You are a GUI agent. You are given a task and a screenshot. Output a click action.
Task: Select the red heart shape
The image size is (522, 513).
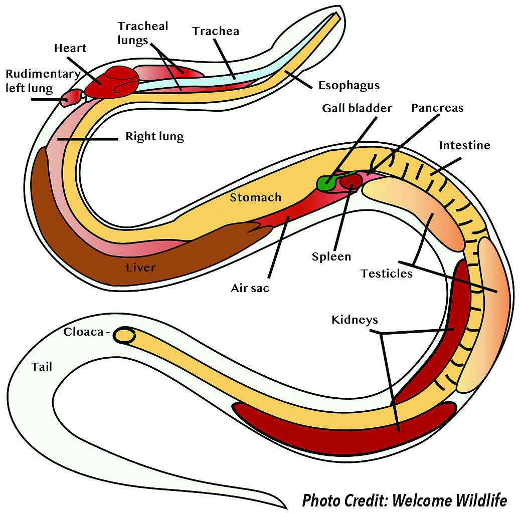(x=113, y=82)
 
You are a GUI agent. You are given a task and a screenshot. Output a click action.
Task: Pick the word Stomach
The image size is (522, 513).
(x=255, y=197)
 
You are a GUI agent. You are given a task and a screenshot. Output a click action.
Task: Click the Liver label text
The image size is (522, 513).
(x=140, y=268)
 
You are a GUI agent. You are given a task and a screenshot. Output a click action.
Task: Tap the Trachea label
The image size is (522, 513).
(x=216, y=32)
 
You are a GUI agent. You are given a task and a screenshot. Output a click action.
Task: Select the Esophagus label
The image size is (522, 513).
(x=349, y=85)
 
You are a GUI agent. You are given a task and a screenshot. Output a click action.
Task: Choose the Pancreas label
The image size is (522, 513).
(x=437, y=108)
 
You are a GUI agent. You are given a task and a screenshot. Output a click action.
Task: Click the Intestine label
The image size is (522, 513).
(x=465, y=146)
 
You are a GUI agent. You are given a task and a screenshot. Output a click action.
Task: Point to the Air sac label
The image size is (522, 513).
(x=250, y=288)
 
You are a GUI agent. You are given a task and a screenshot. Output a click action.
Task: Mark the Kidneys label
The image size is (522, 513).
(x=355, y=320)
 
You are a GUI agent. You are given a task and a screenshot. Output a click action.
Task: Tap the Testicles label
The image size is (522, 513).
(x=387, y=274)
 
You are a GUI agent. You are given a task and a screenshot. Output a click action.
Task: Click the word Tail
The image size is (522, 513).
(x=42, y=367)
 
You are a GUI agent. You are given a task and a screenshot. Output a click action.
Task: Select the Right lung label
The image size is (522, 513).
(x=154, y=136)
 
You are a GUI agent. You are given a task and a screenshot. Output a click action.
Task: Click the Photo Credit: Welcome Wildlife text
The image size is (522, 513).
(x=405, y=500)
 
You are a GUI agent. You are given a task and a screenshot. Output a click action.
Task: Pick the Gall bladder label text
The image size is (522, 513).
(x=357, y=108)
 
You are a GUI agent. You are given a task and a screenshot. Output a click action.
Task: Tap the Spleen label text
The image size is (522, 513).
(x=331, y=257)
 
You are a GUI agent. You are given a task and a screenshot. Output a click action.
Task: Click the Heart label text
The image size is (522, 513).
(x=70, y=49)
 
